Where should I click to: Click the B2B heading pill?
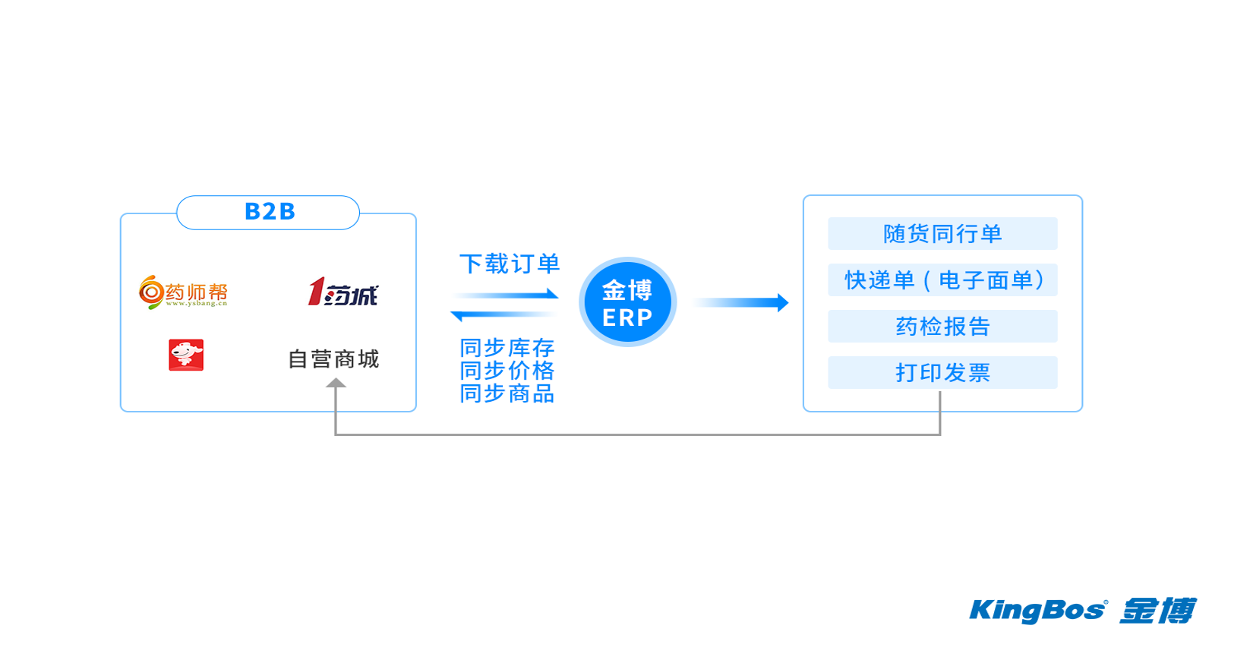coord(268,212)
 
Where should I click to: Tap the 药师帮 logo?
coord(183,292)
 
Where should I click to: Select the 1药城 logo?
coord(342,292)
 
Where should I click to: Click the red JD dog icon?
coord(186,355)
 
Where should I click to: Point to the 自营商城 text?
coord(333,359)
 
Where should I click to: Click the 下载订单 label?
coord(510,264)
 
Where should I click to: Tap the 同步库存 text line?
coord(507,348)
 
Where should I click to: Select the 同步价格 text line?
coord(507,371)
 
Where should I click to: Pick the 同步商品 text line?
coord(507,393)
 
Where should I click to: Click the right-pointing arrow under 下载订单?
coord(507,295)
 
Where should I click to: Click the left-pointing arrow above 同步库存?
coord(503,314)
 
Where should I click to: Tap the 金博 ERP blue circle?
coord(627,302)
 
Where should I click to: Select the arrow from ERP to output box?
coord(740,303)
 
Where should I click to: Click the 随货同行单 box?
coord(942,234)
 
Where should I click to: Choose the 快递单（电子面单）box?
coord(942,280)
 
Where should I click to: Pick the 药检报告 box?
coord(942,327)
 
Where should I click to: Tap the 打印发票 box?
coord(942,373)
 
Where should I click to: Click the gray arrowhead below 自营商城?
coord(336,384)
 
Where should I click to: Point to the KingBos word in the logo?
coord(1037,611)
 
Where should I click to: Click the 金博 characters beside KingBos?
coord(1157,611)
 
